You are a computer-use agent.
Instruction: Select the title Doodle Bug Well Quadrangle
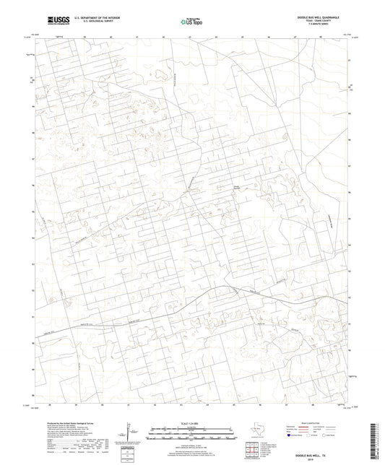click(x=329, y=14)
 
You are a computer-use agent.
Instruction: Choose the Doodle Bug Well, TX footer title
click(x=329, y=451)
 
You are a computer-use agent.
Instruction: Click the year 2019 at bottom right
click(x=329, y=455)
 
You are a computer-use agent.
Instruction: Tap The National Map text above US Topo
click(x=189, y=15)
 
